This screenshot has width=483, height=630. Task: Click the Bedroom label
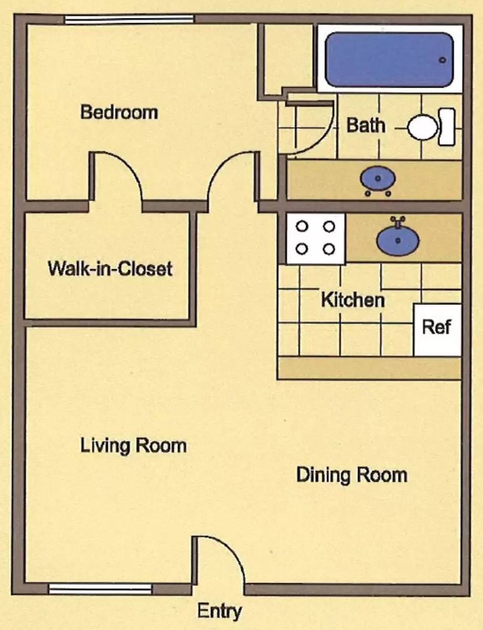tap(119, 112)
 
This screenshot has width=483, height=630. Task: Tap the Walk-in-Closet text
tap(110, 268)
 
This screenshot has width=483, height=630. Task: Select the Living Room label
tap(133, 446)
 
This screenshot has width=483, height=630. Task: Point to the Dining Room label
tap(352, 475)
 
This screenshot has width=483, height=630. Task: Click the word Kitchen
tap(353, 300)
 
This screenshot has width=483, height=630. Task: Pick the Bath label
tap(366, 125)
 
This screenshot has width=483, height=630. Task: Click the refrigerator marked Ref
tap(437, 330)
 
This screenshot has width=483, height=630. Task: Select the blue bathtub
tap(390, 60)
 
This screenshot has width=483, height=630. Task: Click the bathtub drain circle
tap(443, 60)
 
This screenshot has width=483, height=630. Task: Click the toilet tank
tap(447, 127)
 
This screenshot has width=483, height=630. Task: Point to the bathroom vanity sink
tap(377, 179)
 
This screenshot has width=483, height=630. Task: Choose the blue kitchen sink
tap(398, 239)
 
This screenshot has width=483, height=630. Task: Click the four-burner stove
tap(316, 238)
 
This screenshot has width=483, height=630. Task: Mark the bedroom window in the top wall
tap(129, 19)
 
